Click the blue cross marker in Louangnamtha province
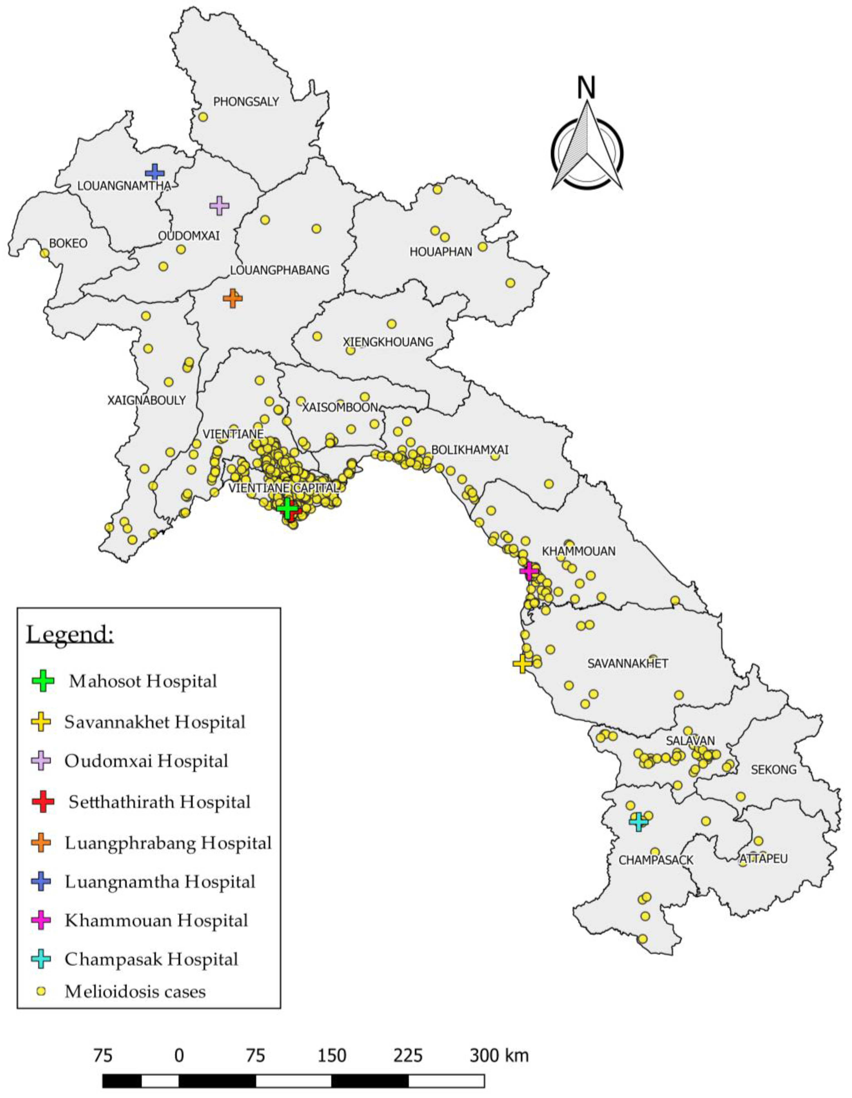click(x=154, y=173)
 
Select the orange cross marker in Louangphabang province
click(x=232, y=298)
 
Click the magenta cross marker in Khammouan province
click(x=529, y=571)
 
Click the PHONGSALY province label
click(x=246, y=102)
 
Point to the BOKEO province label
click(x=68, y=243)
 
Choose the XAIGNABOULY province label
click(x=146, y=400)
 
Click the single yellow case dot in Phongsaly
click(x=203, y=117)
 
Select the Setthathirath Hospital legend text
click(x=159, y=802)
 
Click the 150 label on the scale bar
click(x=331, y=1055)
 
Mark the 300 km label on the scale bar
click(x=499, y=1055)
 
